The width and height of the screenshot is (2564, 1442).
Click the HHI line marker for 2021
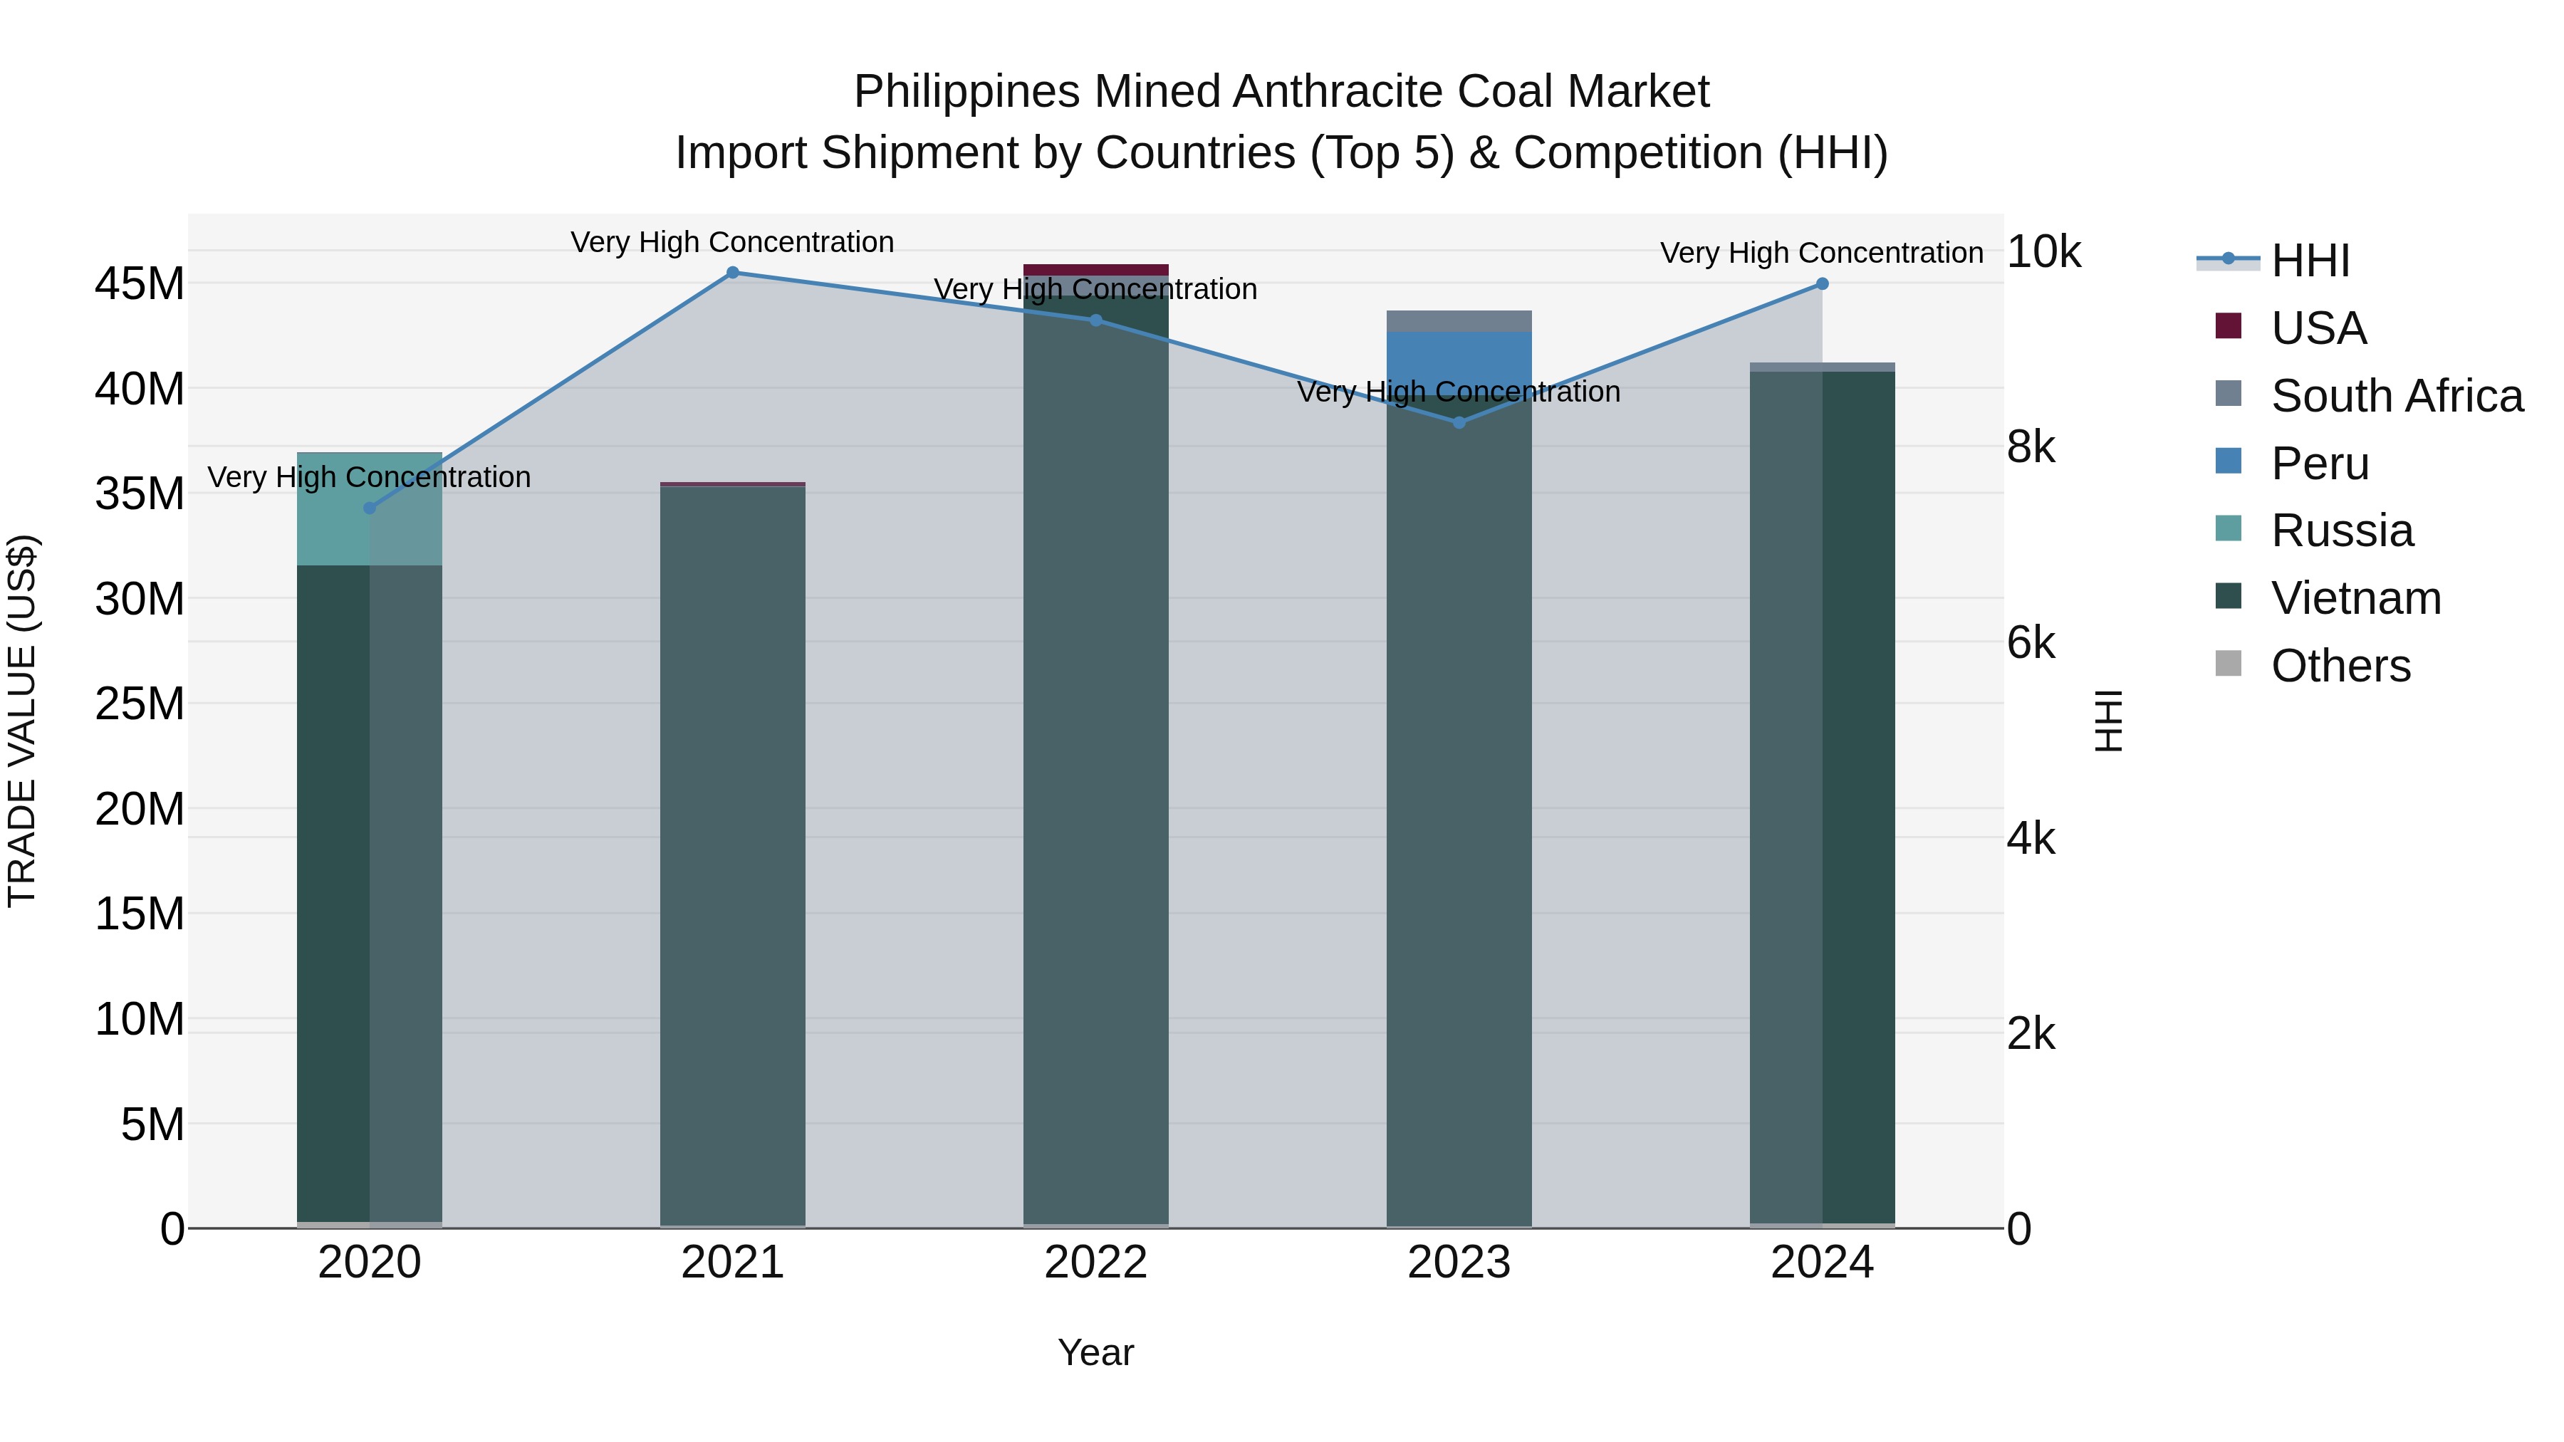pyautogui.click(x=733, y=273)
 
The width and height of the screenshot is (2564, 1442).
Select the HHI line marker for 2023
pyautogui.click(x=1459, y=423)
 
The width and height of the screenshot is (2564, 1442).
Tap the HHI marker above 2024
pyautogui.click(x=1823, y=283)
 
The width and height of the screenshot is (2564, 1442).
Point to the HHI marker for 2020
pyautogui.click(x=369, y=508)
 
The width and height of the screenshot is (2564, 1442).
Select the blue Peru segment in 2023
pyautogui.click(x=1459, y=358)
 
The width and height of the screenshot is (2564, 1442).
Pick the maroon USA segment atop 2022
pyautogui.click(x=1096, y=270)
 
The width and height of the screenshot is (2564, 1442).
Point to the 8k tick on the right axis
pyautogui.click(x=2031, y=448)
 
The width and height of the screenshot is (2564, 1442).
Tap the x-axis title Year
pyautogui.click(x=1096, y=1352)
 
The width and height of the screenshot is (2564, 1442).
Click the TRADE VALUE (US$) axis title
pyautogui.click(x=22, y=721)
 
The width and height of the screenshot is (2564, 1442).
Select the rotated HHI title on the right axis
pyautogui.click(x=2108, y=721)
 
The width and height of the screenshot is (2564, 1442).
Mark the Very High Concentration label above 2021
pyautogui.click(x=733, y=243)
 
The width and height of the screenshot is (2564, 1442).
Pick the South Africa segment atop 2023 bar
pyautogui.click(x=1459, y=320)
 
